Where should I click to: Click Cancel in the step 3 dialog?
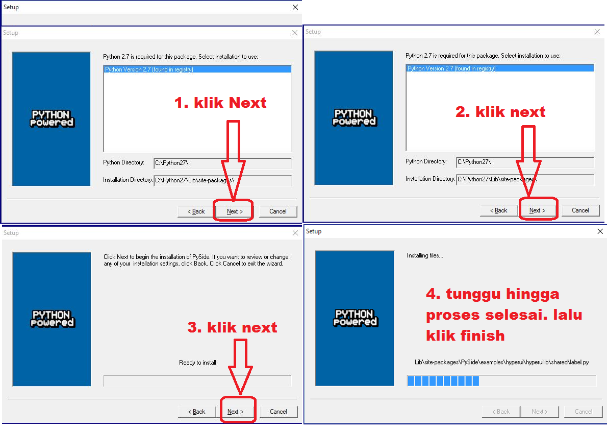point(279,412)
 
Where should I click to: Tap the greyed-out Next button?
point(540,412)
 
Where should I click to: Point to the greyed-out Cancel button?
point(584,412)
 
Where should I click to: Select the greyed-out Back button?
point(501,412)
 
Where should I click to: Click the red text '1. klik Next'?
point(220,103)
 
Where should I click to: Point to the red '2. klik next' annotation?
point(500,112)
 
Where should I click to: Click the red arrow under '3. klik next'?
point(240,366)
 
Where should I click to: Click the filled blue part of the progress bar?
point(443,381)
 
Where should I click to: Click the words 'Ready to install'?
point(197,363)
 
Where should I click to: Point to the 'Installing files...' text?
point(425,255)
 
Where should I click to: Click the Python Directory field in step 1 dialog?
point(222,163)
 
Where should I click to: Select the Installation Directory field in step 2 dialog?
point(525,179)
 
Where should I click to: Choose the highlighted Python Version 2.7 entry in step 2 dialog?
point(500,68)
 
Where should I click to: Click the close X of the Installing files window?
point(600,231)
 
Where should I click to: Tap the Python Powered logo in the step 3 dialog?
point(52,319)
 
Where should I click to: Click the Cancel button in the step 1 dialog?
point(278,211)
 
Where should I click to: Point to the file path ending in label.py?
point(502,362)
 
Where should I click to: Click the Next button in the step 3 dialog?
point(235,412)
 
